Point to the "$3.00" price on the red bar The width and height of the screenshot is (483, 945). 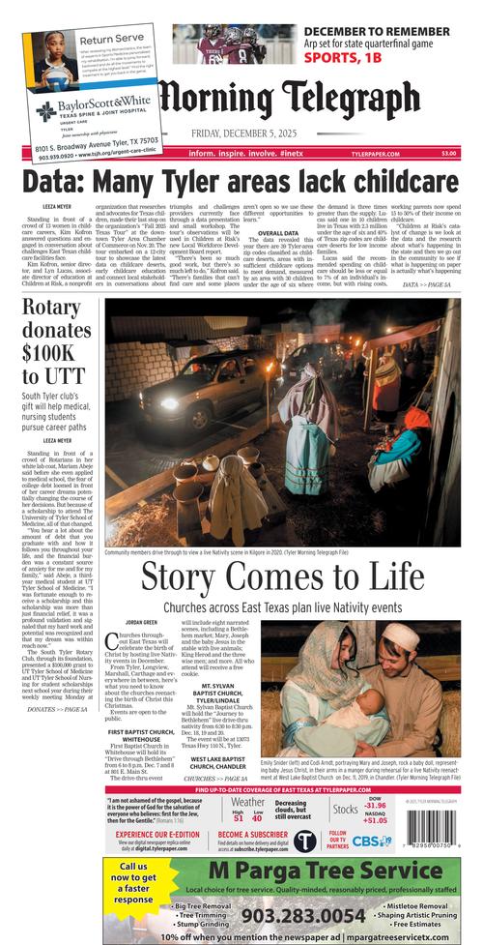[x=449, y=153]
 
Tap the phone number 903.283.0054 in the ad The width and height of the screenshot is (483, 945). [x=275, y=914]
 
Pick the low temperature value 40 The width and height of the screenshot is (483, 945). [x=256, y=819]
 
